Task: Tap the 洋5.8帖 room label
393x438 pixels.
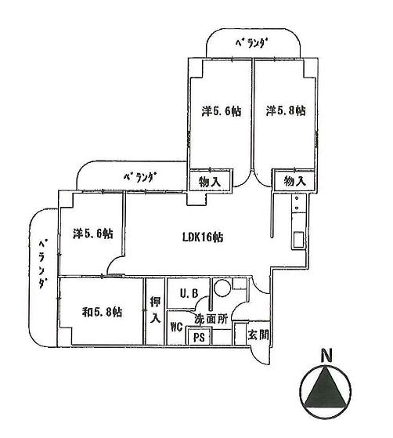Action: [285, 110]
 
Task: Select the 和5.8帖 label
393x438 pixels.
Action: [102, 312]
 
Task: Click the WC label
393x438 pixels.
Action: [176, 330]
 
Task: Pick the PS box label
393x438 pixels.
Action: [199, 338]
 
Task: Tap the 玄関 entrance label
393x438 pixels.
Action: [258, 336]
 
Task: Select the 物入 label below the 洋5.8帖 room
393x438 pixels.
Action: [294, 181]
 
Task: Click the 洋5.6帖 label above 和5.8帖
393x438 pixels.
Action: [92, 233]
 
